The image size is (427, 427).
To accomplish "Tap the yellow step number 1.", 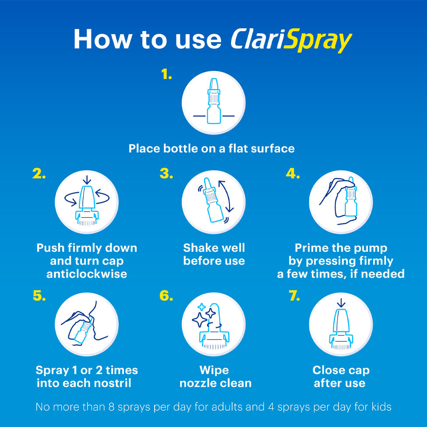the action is [166, 74].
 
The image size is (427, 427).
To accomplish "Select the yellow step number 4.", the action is [293, 173].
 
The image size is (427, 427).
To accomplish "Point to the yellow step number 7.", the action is [294, 296].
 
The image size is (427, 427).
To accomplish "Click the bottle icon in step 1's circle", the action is [214, 101].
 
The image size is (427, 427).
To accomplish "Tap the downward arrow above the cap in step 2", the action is [87, 180].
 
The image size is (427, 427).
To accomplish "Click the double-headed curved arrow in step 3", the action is [226, 196].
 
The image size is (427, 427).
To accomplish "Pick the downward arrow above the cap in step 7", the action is [341, 303].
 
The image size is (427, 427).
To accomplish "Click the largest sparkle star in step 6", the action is [200, 319].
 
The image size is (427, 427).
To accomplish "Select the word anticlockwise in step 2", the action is [87, 274].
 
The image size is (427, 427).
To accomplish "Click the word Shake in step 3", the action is [199, 248].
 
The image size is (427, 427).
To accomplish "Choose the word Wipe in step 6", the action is [214, 371].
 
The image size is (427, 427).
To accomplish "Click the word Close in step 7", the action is [328, 370].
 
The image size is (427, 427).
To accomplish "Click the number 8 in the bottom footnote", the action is [111, 407].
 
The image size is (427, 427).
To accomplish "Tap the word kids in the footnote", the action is [381, 407].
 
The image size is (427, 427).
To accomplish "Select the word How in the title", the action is [102, 39].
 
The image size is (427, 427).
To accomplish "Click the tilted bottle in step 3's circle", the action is [213, 200].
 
